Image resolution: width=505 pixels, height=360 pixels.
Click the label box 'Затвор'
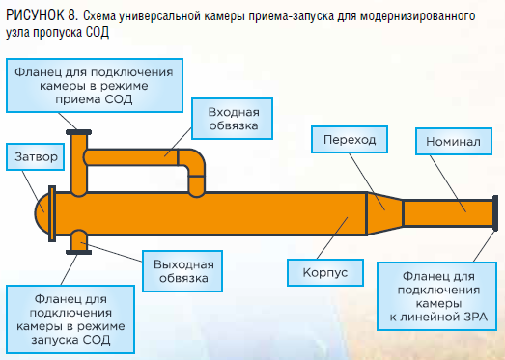tap(36, 156)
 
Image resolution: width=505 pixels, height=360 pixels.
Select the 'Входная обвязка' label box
tap(232, 119)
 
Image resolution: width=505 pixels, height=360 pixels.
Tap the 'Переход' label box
tap(350, 139)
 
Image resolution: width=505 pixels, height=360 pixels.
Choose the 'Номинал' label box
tap(454, 141)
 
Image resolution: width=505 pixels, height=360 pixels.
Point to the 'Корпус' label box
tap(325, 272)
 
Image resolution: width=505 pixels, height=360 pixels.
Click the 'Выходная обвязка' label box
tap(182, 271)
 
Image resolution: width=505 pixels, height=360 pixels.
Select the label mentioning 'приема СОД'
tap(95, 85)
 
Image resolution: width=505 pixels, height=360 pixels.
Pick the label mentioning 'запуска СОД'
tap(70, 319)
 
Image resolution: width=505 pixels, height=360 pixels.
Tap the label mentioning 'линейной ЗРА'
tap(436, 296)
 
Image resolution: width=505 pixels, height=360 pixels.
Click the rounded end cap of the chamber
tap(42, 213)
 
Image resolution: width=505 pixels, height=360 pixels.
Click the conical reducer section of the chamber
tap(385, 213)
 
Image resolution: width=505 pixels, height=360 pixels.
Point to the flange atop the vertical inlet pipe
tap(78, 132)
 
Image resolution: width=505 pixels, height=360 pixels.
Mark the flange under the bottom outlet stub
tap(78, 253)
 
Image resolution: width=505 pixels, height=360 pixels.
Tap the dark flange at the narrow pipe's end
tap(495, 213)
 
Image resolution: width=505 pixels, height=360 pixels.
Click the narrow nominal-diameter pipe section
tap(448, 213)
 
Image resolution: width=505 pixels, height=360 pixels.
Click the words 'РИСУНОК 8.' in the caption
tap(42, 15)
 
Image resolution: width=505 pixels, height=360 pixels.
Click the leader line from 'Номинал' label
tap(448, 184)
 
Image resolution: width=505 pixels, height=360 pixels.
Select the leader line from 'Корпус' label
tap(332, 238)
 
